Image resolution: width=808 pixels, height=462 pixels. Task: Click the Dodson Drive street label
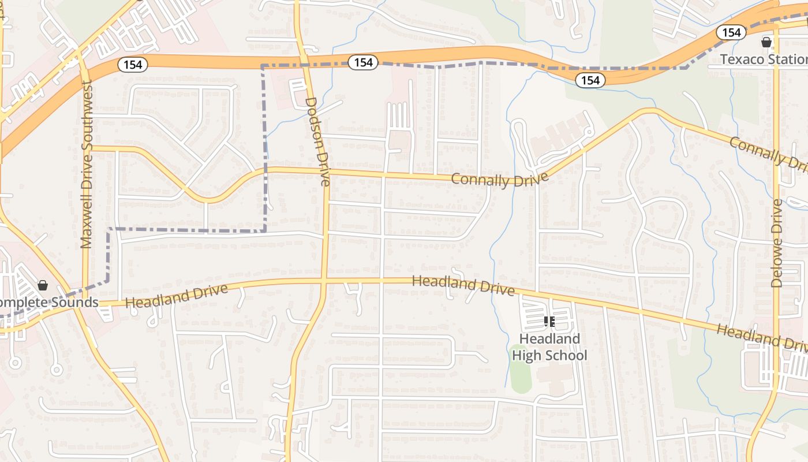317,141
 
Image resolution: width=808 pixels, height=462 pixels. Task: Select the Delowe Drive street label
777,243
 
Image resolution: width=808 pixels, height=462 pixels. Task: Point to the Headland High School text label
549,347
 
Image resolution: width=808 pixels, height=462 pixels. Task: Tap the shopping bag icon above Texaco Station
766,42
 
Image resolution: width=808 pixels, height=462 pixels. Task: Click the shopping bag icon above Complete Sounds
42,285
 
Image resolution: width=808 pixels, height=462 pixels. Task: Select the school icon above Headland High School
549,321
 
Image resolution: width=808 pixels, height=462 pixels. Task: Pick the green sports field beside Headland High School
521,370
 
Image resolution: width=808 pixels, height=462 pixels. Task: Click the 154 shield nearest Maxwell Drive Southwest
133,65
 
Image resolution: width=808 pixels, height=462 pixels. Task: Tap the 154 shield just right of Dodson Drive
363,62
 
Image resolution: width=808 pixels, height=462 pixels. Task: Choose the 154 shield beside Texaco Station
731,32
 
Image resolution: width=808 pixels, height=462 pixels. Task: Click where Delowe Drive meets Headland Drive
776,340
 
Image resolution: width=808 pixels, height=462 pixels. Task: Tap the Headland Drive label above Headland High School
463,285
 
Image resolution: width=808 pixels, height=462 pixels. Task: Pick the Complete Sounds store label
48,303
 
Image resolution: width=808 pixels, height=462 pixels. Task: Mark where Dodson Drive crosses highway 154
303,59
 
